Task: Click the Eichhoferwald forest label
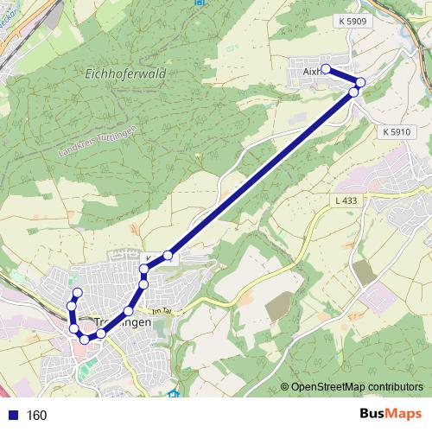coord(125,75)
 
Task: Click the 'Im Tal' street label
coord(162,313)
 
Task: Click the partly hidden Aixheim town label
coord(307,71)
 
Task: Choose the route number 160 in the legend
coord(36,416)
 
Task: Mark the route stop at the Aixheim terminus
coord(327,69)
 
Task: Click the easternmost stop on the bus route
coord(360,82)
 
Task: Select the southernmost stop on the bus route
coord(84,339)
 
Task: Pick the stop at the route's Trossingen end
coord(77,292)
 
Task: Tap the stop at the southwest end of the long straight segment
coord(168,256)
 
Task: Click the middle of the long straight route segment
coord(261,173)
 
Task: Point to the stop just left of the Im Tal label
coord(129,311)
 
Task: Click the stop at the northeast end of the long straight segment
coord(354,91)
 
